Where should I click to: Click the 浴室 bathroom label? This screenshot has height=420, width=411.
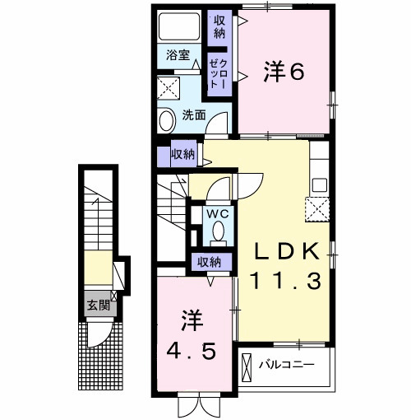coord(178,55)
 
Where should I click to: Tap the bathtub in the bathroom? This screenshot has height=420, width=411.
coord(179,26)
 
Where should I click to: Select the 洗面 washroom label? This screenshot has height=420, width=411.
coord(194,115)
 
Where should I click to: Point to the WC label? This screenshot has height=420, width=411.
coord(218,214)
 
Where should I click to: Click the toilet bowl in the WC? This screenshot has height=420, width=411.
coord(219,231)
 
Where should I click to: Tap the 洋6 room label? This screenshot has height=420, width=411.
coord(284,72)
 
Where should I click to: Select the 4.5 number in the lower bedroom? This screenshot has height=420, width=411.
coord(191,352)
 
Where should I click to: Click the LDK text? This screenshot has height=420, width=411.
coord(288,251)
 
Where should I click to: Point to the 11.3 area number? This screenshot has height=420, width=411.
coord(286,281)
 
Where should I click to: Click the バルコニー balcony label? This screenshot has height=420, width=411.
coord(287,365)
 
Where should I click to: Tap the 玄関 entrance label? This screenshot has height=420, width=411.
coord(99,305)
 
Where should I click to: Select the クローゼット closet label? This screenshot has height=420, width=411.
coord(219,73)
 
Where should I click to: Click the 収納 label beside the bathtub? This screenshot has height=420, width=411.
coord(219,26)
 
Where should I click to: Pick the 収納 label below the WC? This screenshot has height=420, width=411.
coord(210,262)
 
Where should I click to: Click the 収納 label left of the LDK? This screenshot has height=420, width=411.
coord(183,154)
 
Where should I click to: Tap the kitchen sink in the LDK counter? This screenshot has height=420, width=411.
coord(320,185)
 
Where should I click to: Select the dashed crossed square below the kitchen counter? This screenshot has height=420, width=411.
coord(317,209)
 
